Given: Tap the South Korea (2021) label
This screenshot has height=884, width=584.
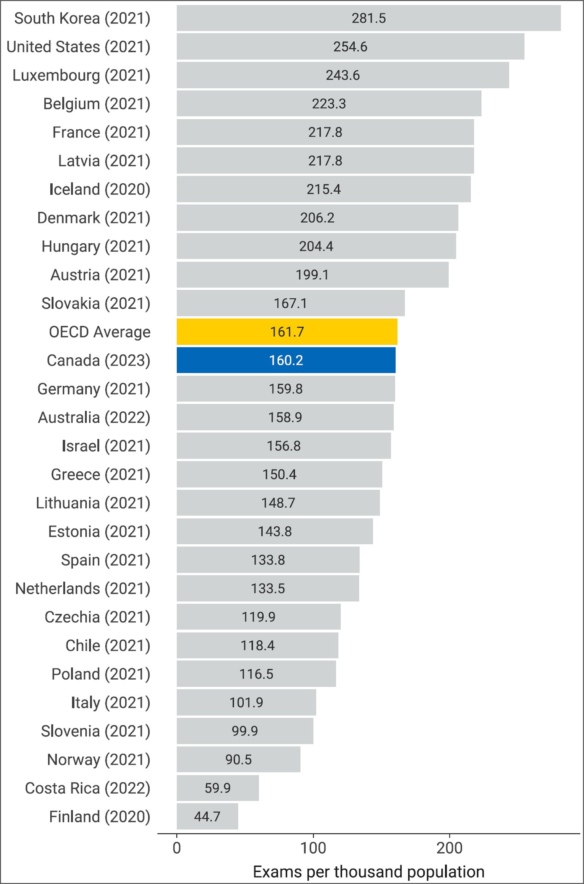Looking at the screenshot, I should tap(82, 18).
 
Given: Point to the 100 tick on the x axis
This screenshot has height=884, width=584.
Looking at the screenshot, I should tap(313, 848).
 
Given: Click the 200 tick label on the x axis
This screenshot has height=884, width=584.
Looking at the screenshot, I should tap(449, 848).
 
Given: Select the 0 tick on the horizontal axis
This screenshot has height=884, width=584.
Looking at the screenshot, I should tap(177, 848).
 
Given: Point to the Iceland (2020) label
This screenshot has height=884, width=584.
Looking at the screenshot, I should tap(100, 189).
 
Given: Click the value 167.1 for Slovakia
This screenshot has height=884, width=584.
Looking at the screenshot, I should tap(291, 303).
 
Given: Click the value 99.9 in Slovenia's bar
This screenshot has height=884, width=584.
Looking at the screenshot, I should tap(245, 731).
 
